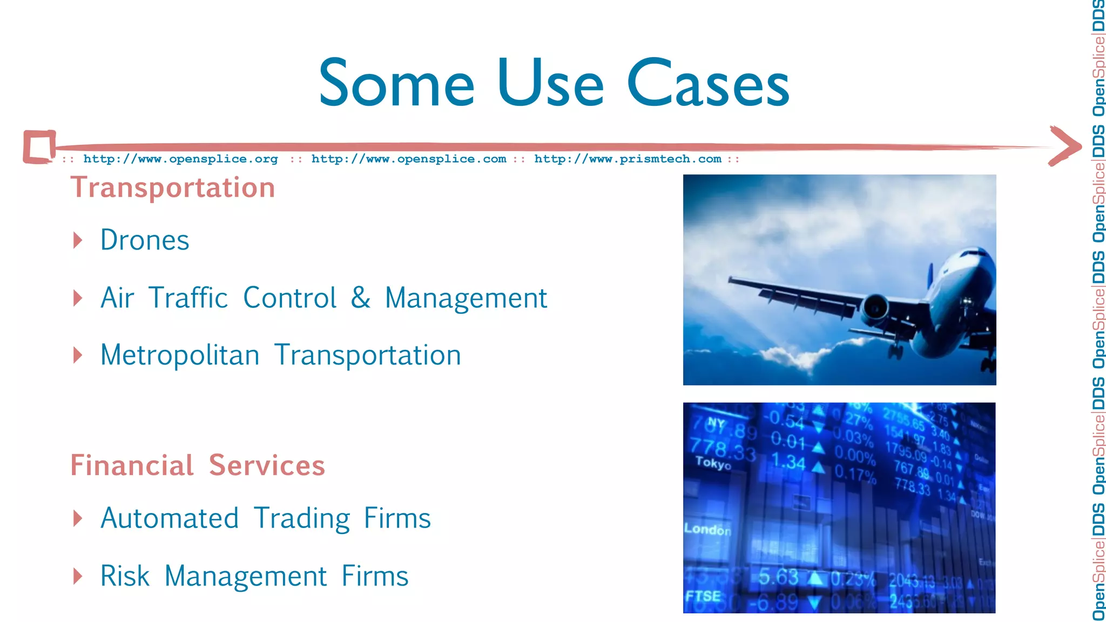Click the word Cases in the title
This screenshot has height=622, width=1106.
click(709, 84)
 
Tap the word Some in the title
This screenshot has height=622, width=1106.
click(396, 84)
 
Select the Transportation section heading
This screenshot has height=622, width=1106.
click(173, 188)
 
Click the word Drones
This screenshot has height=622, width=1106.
click(145, 240)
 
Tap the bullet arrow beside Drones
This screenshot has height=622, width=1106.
click(78, 240)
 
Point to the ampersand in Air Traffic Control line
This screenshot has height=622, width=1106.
click(360, 298)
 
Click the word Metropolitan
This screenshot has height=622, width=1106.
click(180, 355)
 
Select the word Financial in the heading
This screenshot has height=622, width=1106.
click(132, 465)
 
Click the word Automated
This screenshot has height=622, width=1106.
click(170, 518)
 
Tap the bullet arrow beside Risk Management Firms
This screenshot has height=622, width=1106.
click(78, 576)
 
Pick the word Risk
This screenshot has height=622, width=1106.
click(125, 576)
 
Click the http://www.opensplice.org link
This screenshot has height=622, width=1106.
click(180, 159)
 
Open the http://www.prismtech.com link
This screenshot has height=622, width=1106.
click(628, 159)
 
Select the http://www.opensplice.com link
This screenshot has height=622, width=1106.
click(409, 159)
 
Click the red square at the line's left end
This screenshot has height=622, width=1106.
click(39, 146)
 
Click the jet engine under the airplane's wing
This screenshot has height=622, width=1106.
click(874, 308)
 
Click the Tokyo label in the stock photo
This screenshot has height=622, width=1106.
click(713, 463)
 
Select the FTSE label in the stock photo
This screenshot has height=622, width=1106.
click(703, 596)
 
